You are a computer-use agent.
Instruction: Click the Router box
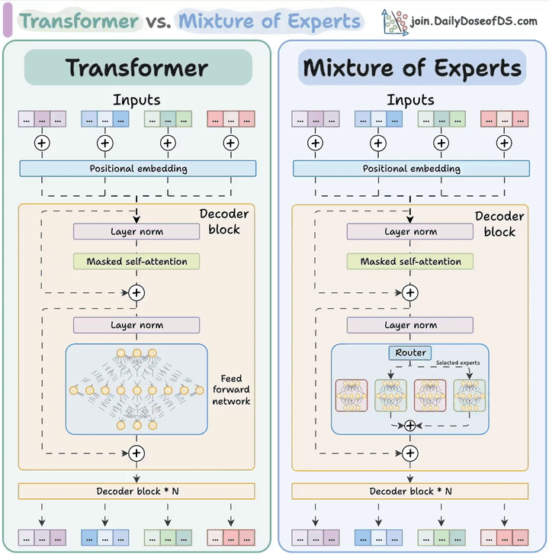[411, 353]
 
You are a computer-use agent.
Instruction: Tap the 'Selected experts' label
[457, 362]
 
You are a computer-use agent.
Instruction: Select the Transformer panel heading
[137, 67]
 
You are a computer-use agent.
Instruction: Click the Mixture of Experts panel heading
[412, 67]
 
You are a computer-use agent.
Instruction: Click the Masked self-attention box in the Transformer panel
[136, 262]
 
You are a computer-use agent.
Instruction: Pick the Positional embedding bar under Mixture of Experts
[411, 169]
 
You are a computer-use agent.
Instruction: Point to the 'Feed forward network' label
[231, 390]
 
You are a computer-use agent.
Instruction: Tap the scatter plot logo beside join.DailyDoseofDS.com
[395, 21]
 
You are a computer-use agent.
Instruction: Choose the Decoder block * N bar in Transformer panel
[137, 491]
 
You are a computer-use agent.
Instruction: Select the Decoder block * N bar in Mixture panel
[411, 491]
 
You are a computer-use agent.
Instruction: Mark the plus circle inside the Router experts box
[411, 425]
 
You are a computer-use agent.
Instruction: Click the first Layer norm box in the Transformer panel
[136, 231]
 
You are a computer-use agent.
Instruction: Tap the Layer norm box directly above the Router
[411, 325]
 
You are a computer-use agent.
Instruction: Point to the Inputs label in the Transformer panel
[137, 100]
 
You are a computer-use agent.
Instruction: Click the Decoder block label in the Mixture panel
[499, 224]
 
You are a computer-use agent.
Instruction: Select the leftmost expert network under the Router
[352, 395]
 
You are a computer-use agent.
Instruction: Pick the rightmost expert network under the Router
[470, 395]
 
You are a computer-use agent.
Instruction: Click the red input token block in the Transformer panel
[231, 119]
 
